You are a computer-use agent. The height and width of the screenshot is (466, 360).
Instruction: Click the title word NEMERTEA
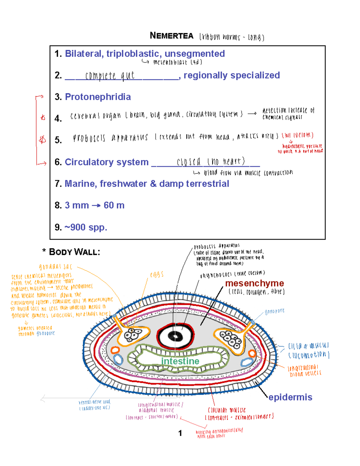click(x=172, y=36)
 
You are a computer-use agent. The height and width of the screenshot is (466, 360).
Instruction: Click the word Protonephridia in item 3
click(x=98, y=97)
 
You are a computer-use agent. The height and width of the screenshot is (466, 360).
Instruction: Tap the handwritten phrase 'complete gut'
click(x=110, y=76)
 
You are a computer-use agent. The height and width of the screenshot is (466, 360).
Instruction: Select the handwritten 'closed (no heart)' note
click(x=211, y=162)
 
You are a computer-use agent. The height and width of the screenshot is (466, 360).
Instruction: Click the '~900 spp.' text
click(x=85, y=227)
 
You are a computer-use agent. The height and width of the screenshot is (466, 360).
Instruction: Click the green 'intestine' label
click(x=180, y=361)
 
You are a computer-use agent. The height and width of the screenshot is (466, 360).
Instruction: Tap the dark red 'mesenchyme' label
click(x=254, y=283)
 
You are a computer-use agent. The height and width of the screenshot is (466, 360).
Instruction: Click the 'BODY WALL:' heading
click(x=74, y=252)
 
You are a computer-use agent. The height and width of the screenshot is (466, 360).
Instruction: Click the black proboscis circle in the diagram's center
click(x=175, y=336)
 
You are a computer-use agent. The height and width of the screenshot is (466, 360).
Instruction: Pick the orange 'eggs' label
click(x=157, y=274)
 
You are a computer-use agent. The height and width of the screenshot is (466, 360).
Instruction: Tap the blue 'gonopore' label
click(x=274, y=311)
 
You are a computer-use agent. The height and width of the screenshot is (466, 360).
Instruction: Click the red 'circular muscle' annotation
click(x=227, y=410)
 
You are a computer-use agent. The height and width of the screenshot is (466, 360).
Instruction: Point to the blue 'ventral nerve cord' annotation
click(x=94, y=402)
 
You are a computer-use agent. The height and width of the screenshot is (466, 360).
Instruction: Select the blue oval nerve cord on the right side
click(x=247, y=362)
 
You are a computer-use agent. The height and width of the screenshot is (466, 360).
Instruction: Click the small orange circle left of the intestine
click(x=115, y=350)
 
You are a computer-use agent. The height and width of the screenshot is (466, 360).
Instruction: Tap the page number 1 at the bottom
click(x=180, y=433)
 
